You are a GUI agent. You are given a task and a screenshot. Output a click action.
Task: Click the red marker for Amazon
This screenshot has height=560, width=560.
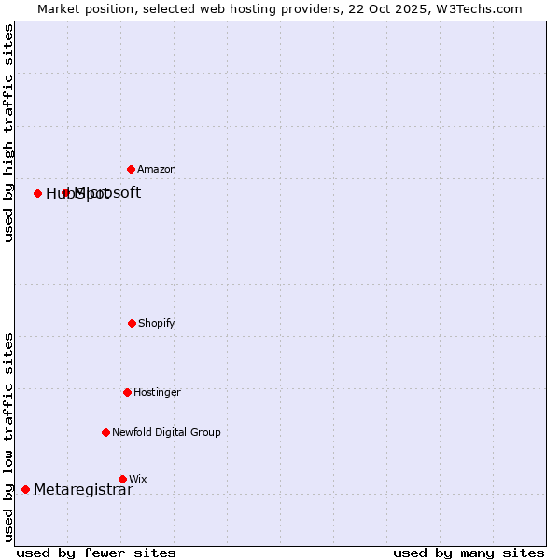[x=132, y=169]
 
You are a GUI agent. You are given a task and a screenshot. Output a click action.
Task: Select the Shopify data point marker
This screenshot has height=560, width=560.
[x=133, y=323]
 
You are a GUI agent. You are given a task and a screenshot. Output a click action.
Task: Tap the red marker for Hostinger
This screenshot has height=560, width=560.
[x=128, y=392]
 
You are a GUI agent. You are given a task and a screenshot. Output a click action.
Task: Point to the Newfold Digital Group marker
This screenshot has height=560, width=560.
[x=106, y=432]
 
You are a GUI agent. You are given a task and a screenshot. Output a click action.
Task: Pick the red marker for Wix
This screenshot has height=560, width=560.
[x=122, y=479]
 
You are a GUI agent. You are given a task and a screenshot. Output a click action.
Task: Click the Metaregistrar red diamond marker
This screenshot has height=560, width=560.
[x=26, y=489]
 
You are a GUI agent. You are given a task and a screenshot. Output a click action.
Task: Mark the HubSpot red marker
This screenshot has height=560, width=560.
[x=38, y=193]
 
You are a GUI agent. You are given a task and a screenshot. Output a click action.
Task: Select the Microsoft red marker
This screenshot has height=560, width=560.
[x=66, y=192]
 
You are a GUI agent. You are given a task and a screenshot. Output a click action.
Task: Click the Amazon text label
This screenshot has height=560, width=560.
[x=157, y=170]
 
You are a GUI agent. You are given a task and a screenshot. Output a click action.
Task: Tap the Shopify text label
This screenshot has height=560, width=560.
[x=157, y=324]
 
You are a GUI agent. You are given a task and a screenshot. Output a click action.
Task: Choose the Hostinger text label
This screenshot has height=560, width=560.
[x=157, y=393]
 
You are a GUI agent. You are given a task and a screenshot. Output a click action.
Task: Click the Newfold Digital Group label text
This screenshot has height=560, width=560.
[x=167, y=433]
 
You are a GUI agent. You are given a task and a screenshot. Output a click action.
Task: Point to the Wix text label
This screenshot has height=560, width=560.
[x=138, y=480]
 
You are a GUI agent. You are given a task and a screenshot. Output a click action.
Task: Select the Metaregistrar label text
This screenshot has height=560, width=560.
[x=83, y=490]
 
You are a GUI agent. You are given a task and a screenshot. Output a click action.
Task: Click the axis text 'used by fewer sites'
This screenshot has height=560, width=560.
[x=96, y=553]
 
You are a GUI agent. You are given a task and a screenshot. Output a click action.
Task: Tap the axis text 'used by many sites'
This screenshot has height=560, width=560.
[x=469, y=553]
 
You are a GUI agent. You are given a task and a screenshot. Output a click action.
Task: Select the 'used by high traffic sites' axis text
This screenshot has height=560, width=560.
[x=8, y=133]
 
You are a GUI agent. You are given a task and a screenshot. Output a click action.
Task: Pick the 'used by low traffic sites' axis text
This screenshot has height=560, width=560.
[x=8, y=436]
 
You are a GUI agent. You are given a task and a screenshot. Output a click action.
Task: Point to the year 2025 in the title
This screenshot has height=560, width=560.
[x=413, y=8]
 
